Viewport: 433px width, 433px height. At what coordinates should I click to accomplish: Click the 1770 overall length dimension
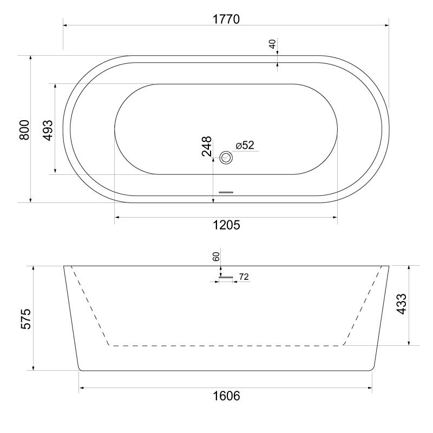[x=226, y=18]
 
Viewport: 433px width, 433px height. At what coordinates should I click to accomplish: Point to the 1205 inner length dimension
[x=226, y=225]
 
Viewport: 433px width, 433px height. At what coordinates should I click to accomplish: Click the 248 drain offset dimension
[x=207, y=146]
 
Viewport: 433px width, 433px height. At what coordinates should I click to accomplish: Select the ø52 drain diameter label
[x=245, y=145]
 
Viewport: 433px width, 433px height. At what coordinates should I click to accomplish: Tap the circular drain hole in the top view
[x=226, y=158]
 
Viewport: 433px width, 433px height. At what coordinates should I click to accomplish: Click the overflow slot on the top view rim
[x=226, y=192]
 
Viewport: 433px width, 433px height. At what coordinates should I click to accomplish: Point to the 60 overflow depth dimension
[x=216, y=257]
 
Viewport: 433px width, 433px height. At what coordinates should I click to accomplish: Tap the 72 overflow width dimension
[x=244, y=277]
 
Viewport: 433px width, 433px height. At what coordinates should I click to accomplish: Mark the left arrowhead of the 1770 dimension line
[x=65, y=24]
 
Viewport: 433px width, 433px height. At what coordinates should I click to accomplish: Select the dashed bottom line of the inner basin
[x=226, y=345]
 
